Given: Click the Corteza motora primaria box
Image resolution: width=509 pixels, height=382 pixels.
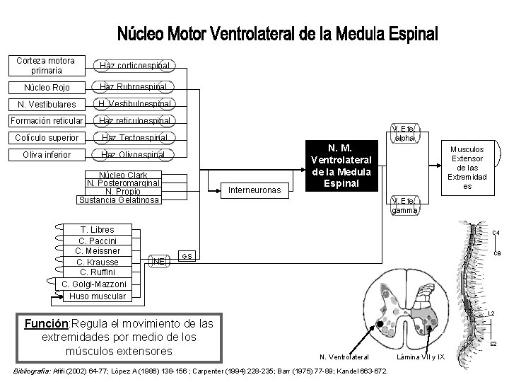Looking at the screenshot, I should [x=47, y=65].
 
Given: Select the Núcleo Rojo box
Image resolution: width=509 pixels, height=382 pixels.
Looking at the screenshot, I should [x=47, y=88].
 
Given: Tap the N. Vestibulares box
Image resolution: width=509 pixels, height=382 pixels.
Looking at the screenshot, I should [x=47, y=104].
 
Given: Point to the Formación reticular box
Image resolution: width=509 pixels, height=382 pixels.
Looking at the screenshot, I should [x=47, y=121].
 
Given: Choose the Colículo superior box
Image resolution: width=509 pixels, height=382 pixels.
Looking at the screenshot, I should [x=47, y=137].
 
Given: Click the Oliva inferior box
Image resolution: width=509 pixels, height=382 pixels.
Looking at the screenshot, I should [x=47, y=154].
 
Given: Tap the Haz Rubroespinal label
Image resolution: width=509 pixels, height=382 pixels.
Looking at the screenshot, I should [x=134, y=86].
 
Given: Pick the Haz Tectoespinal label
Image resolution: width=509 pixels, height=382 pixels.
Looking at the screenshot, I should [x=134, y=137].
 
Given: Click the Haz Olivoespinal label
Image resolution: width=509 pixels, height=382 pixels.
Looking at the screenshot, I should [x=134, y=154].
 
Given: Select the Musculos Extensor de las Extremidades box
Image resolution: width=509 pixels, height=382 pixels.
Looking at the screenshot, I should [x=467, y=168].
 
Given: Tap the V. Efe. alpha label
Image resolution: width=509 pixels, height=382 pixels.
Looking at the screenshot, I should [x=405, y=134].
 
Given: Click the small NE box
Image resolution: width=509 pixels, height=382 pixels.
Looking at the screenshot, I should [x=159, y=261].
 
